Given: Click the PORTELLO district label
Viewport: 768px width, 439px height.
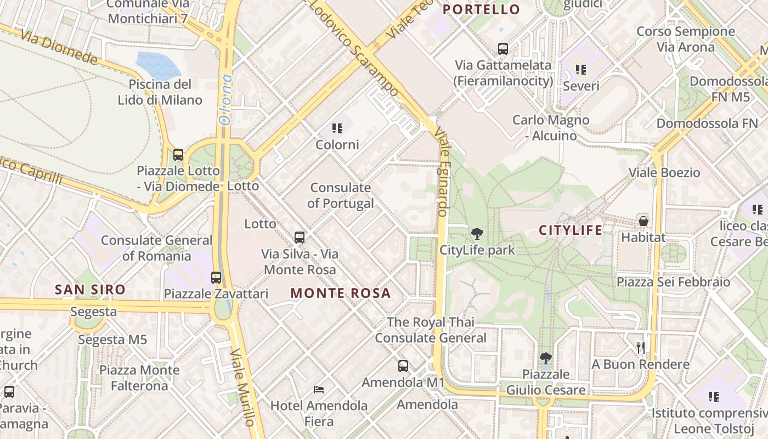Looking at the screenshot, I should tap(481, 9).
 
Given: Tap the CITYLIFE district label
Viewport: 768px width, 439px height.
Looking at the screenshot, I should tap(571, 230).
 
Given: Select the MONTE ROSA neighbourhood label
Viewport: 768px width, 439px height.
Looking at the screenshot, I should tap(341, 293).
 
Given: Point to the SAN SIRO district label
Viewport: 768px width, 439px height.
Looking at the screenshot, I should tap(90, 289).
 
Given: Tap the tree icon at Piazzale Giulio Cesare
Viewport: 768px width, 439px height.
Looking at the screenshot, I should tap(545, 359).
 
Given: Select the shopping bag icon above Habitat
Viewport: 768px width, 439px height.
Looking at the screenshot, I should tap(643, 221).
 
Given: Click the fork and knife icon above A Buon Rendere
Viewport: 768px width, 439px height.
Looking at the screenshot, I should tap(640, 347).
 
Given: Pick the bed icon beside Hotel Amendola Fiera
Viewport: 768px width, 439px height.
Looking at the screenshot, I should tap(319, 390).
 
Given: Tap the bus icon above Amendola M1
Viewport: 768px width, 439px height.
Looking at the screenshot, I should tap(403, 365).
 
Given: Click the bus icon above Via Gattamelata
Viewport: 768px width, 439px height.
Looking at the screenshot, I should tap(503, 48).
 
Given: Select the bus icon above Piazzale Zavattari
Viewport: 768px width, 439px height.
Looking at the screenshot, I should tap(216, 278).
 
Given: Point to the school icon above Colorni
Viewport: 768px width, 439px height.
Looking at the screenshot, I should tap(337, 128).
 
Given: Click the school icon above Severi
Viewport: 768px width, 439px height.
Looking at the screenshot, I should tap(581, 70).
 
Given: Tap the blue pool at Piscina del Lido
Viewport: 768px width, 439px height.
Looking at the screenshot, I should tap(157, 65).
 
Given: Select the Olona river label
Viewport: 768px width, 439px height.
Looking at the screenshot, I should tap(226, 99).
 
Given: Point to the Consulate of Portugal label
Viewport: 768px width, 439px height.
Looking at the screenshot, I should tap(341, 195).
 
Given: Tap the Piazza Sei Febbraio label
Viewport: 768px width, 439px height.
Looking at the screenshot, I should tap(673, 282).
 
